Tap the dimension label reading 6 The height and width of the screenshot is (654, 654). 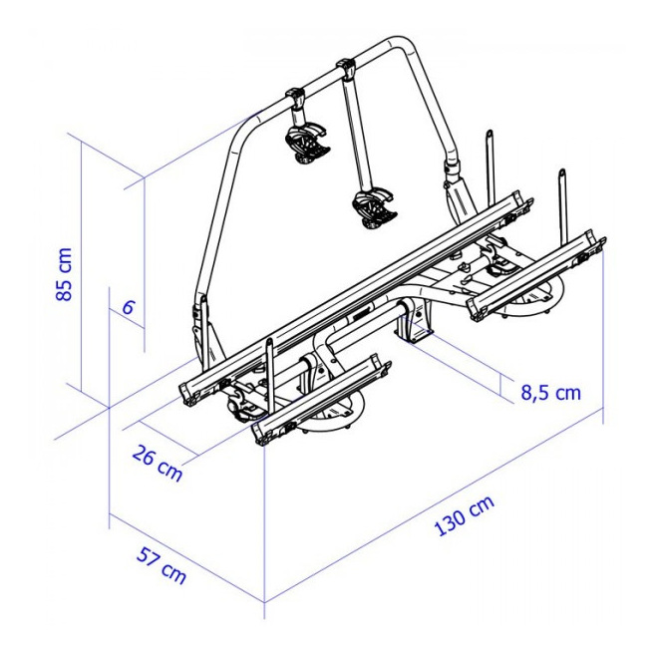click(x=128, y=307)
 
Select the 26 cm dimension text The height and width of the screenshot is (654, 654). click(x=158, y=464)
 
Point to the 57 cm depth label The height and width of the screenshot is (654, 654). click(x=161, y=564)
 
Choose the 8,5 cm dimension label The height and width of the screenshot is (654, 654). click(x=550, y=392)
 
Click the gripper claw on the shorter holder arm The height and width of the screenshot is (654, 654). click(x=307, y=142)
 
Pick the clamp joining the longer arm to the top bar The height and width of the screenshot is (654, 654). click(x=346, y=71)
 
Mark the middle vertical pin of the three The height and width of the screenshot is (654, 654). click(x=490, y=164)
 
